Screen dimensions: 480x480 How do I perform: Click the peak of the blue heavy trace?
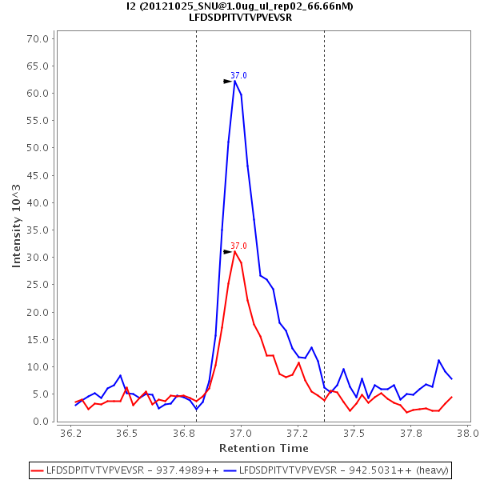point(235,81)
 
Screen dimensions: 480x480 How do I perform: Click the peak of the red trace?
point(234,251)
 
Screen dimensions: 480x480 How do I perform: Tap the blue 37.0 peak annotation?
point(238,75)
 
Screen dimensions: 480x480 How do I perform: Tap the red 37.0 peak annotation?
point(238,246)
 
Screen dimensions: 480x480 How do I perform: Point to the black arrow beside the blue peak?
point(227,82)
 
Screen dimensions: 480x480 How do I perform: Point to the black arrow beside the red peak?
point(227,252)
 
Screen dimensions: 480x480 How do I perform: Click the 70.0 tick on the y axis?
point(39,38)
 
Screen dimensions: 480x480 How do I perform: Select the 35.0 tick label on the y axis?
point(39,230)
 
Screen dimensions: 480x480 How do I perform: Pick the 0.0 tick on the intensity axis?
point(42,422)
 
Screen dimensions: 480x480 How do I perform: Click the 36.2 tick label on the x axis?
point(71,434)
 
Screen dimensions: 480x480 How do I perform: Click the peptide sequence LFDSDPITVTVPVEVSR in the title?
point(240,18)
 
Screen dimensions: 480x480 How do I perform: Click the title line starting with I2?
point(240,6)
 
